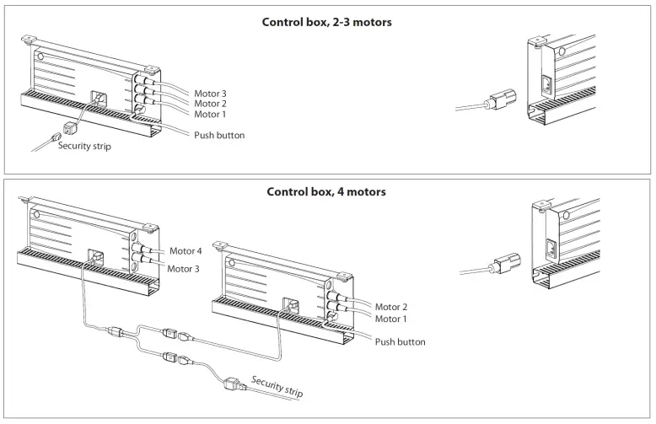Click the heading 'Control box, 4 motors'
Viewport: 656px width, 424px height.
click(x=326, y=191)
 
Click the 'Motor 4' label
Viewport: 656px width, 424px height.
click(x=186, y=250)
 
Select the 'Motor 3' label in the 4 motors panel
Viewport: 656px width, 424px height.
click(x=184, y=269)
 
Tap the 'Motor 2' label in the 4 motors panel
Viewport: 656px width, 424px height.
click(x=392, y=307)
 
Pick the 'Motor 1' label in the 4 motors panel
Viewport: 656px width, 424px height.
click(x=392, y=318)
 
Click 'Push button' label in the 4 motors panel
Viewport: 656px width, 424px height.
click(x=400, y=342)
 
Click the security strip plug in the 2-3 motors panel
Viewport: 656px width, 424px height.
click(x=68, y=132)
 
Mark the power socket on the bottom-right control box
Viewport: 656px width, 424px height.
click(x=552, y=250)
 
